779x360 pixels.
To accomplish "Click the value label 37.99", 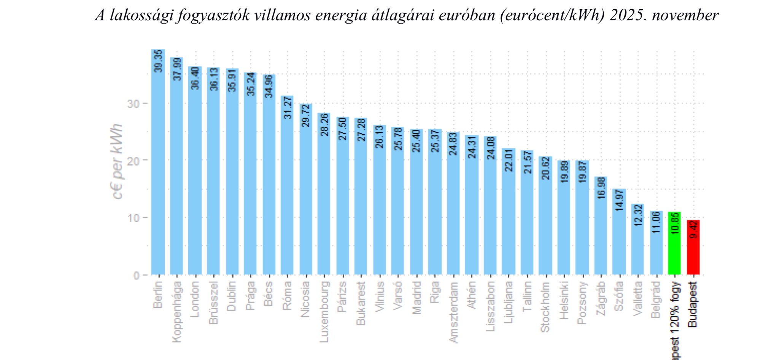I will [177, 69].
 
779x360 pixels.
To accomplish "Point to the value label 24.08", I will [490, 148].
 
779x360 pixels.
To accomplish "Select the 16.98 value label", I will [601, 188].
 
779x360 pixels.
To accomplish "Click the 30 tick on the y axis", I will [133, 104].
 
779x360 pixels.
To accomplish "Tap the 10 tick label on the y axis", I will [133, 218].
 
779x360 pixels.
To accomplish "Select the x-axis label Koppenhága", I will [177, 312].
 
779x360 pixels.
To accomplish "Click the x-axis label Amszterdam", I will [453, 312].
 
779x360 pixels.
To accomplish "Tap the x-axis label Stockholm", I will [545, 307].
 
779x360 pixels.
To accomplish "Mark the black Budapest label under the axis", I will [693, 304].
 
